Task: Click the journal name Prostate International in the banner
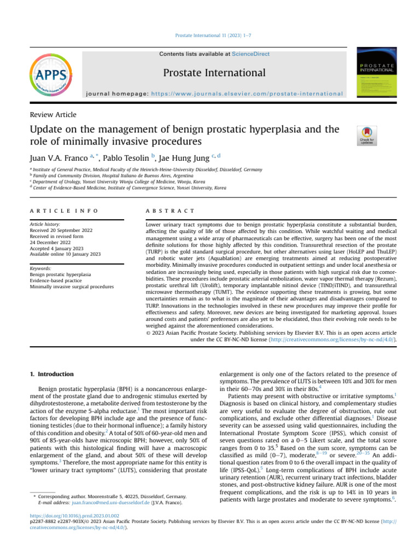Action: coord(214,73)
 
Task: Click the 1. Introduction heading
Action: coord(51,374)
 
